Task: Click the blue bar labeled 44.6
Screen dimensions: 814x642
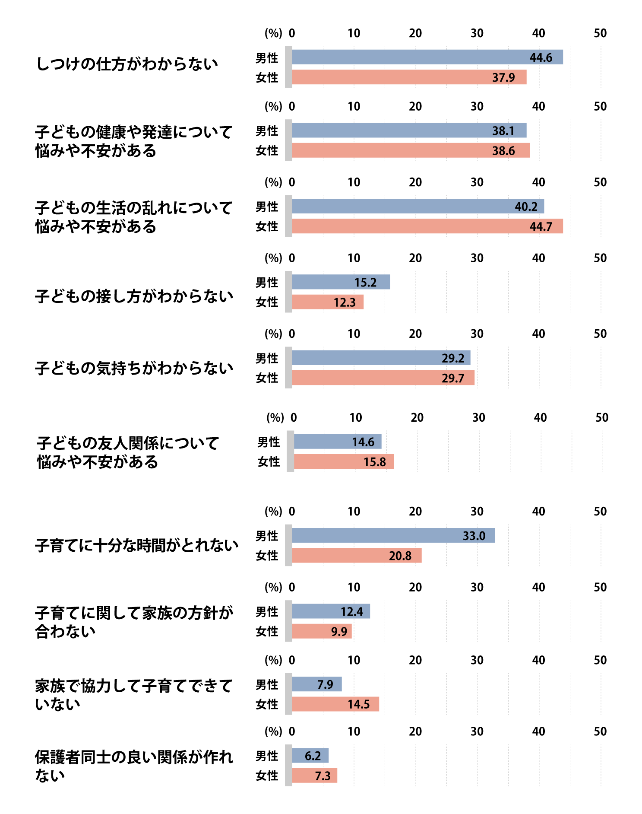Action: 427,57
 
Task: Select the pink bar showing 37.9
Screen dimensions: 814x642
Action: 409,77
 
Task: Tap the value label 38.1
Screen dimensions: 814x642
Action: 503,131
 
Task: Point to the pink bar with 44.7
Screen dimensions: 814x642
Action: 427,226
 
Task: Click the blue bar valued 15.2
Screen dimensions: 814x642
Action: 341,282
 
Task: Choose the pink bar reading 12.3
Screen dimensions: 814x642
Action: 328,302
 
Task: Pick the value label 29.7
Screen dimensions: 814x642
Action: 453,378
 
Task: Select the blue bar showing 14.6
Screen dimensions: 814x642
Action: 337,442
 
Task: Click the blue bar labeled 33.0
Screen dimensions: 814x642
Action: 393,535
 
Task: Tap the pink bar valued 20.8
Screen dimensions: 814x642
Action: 357,555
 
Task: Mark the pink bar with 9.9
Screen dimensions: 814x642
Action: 322,631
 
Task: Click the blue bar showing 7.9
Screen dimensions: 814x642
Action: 317,684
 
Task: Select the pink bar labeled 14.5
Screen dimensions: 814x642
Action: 335,704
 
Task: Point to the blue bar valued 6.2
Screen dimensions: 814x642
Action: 310,755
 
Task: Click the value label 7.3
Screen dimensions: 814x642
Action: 323,776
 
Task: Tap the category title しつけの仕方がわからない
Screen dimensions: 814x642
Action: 127,64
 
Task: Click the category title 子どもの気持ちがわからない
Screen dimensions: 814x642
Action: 134,368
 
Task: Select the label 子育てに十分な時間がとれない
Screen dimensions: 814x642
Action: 136,545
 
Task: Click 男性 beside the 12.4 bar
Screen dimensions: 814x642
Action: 267,612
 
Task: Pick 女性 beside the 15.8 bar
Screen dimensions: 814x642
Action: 269,462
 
